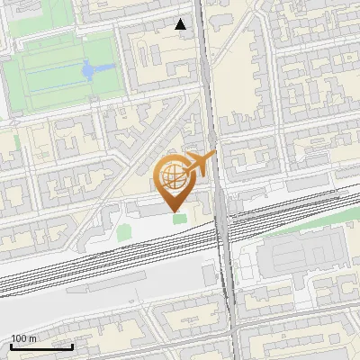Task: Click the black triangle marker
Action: (181, 24)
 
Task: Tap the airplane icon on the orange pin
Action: (199, 164)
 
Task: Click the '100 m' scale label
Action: (24, 338)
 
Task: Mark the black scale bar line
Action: (41, 346)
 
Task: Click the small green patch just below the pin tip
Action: (178, 219)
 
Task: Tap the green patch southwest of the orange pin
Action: (124, 233)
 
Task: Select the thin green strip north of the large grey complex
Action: (297, 223)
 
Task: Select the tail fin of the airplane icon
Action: (211, 157)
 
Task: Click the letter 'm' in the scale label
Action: (33, 338)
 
